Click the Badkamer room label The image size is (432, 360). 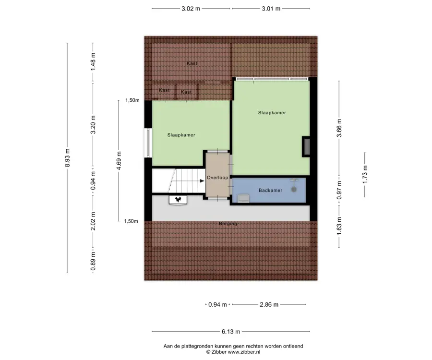tap(270, 191)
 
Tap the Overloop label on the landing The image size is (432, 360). tap(217, 178)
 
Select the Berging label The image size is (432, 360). tap(228, 223)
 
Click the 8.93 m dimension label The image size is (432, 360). tap(67, 157)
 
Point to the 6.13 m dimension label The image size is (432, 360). tap(231, 332)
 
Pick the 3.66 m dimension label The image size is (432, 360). tap(339, 128)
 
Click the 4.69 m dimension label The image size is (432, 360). tap(119, 161)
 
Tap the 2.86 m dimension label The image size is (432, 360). tap(269, 305)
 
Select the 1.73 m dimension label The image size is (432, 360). tap(365, 174)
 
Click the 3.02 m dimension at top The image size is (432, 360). tap(191, 9)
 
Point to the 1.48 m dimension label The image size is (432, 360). tap(93, 62)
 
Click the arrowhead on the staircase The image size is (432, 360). tap(202, 181)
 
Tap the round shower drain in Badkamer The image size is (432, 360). tap(294, 189)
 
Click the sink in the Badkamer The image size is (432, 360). tap(243, 198)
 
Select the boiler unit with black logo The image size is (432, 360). tap(178, 200)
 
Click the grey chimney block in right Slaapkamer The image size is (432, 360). tap(306, 147)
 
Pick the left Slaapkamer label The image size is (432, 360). tap(181, 135)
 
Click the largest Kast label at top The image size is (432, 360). tap(192, 63)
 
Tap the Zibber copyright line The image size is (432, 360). tap(233, 352)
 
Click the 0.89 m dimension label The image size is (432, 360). tap(93, 262)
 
